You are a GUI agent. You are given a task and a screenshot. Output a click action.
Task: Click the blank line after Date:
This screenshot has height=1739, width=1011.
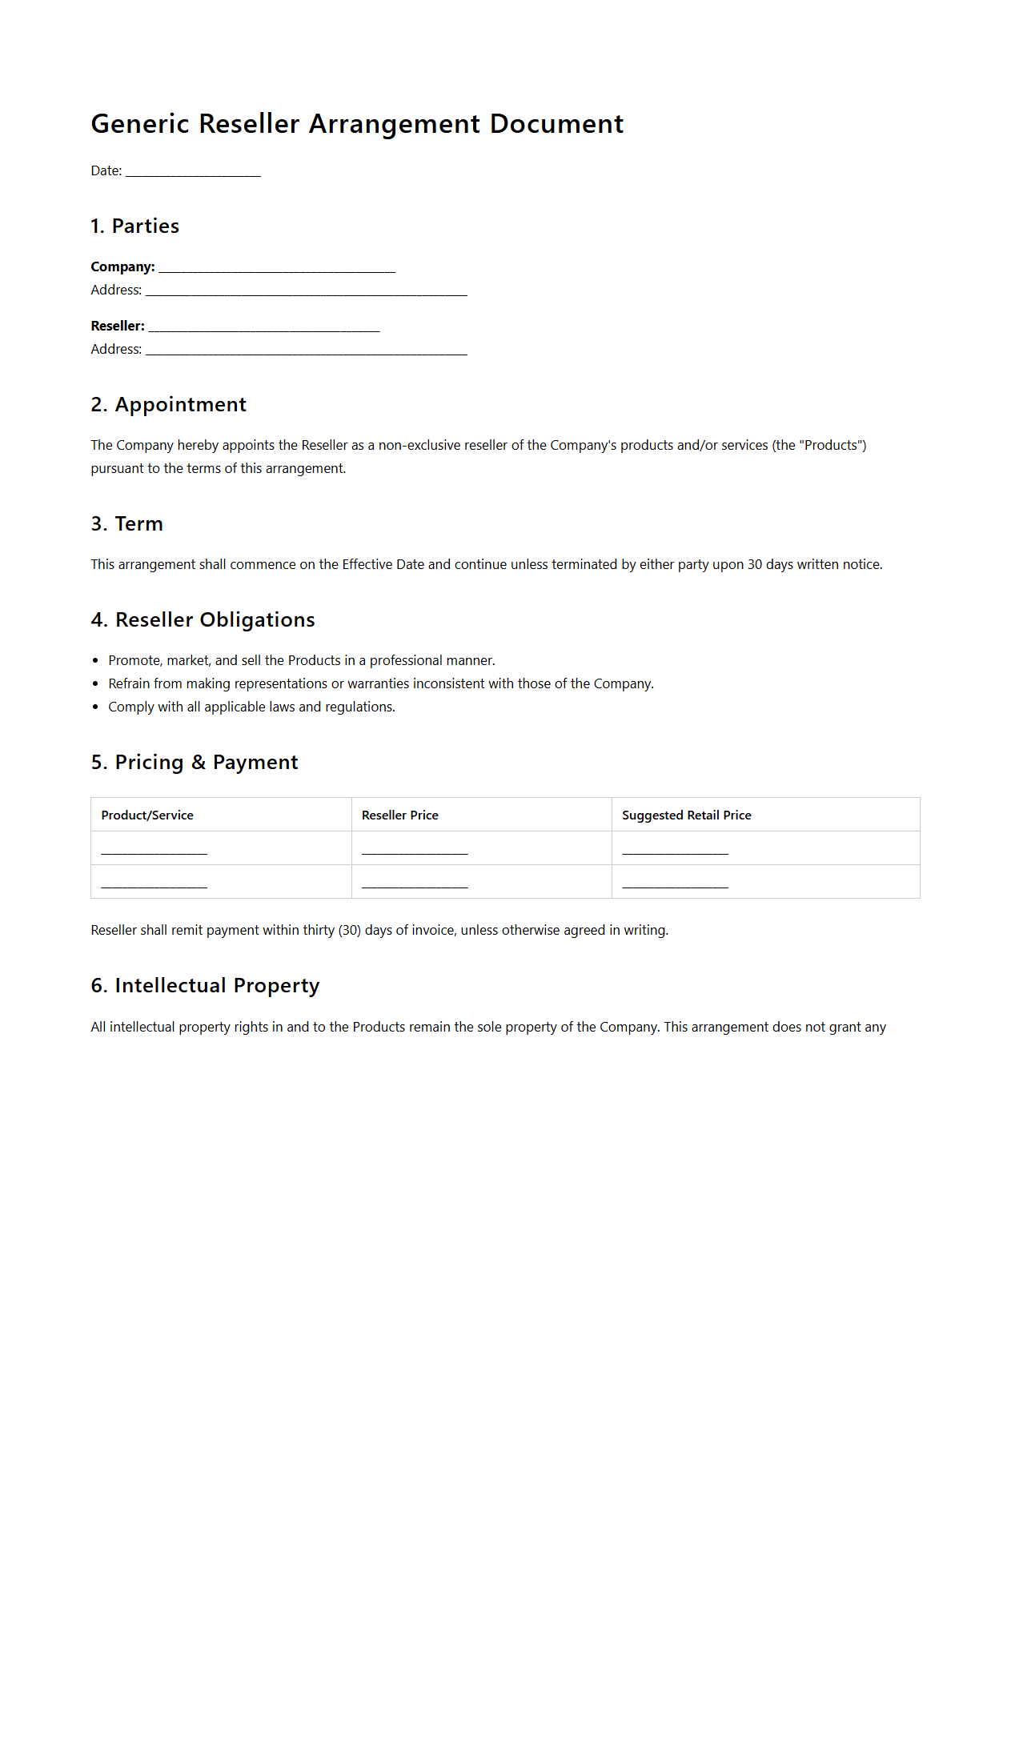pyautogui.click(x=193, y=172)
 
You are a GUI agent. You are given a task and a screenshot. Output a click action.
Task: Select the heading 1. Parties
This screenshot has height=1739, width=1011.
pyautogui.click(x=134, y=226)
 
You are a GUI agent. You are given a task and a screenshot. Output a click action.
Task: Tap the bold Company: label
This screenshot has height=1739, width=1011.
pyautogui.click(x=122, y=266)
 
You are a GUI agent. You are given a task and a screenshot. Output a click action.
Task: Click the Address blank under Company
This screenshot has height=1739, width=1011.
pyautogui.click(x=306, y=291)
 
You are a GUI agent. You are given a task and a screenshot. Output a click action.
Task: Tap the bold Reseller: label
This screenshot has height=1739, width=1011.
pyautogui.click(x=118, y=326)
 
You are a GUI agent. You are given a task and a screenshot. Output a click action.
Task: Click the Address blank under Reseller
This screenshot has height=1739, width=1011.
pyautogui.click(x=306, y=351)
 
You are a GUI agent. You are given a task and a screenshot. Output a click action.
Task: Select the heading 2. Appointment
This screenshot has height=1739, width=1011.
pyautogui.click(x=168, y=405)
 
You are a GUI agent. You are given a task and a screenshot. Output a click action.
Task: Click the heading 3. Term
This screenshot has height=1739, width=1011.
pyautogui.click(x=126, y=524)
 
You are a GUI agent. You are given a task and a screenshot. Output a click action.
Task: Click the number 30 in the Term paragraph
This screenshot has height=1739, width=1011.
pyautogui.click(x=754, y=564)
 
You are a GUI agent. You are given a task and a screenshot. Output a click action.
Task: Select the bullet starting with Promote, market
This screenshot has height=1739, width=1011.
pyautogui.click(x=301, y=660)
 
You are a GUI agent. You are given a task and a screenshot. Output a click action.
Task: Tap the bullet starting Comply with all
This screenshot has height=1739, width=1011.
pyautogui.click(x=251, y=707)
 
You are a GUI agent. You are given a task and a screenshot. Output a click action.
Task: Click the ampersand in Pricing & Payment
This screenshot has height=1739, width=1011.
pyautogui.click(x=198, y=763)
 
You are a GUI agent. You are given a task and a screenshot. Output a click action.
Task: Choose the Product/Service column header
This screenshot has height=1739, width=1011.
pyautogui.click(x=147, y=815)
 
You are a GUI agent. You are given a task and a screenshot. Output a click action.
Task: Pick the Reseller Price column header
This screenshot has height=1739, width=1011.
pyautogui.click(x=399, y=815)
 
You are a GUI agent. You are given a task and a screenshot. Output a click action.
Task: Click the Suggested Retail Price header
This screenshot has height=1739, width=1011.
pyautogui.click(x=686, y=815)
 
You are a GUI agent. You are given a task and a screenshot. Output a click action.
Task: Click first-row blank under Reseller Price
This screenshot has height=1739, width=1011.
pyautogui.click(x=414, y=850)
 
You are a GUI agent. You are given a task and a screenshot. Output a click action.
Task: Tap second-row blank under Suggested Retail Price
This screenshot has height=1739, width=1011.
pyautogui.click(x=675, y=884)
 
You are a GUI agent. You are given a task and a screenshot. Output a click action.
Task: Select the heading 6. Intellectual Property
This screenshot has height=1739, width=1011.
pyautogui.click(x=205, y=986)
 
